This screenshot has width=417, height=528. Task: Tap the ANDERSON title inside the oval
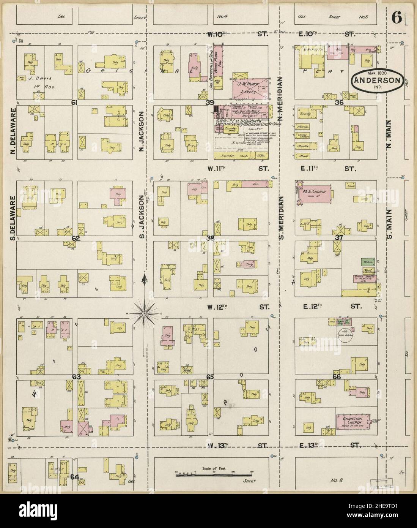[x=377, y=80]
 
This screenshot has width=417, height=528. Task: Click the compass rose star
[x=144, y=313]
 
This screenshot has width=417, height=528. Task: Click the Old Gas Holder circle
[x=346, y=335]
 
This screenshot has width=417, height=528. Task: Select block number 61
[x=74, y=103]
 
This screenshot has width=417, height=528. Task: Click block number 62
[x=76, y=239]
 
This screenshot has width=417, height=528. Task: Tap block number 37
[x=338, y=237]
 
